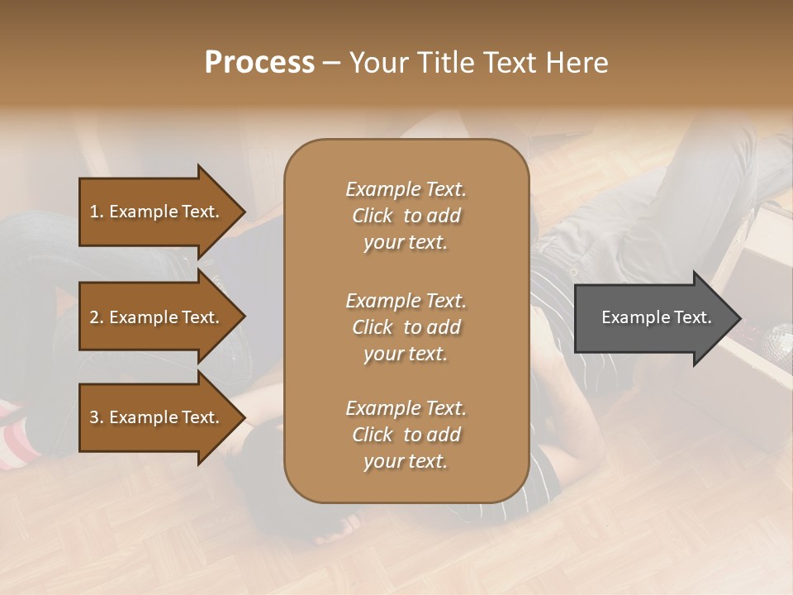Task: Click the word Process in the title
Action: [x=259, y=63]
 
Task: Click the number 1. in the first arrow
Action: [x=97, y=212]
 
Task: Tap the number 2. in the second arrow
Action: [x=97, y=317]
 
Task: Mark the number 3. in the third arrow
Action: [x=97, y=417]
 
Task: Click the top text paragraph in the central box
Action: [x=406, y=216]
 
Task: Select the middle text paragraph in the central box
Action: [x=406, y=327]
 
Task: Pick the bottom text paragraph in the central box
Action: [x=406, y=435]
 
